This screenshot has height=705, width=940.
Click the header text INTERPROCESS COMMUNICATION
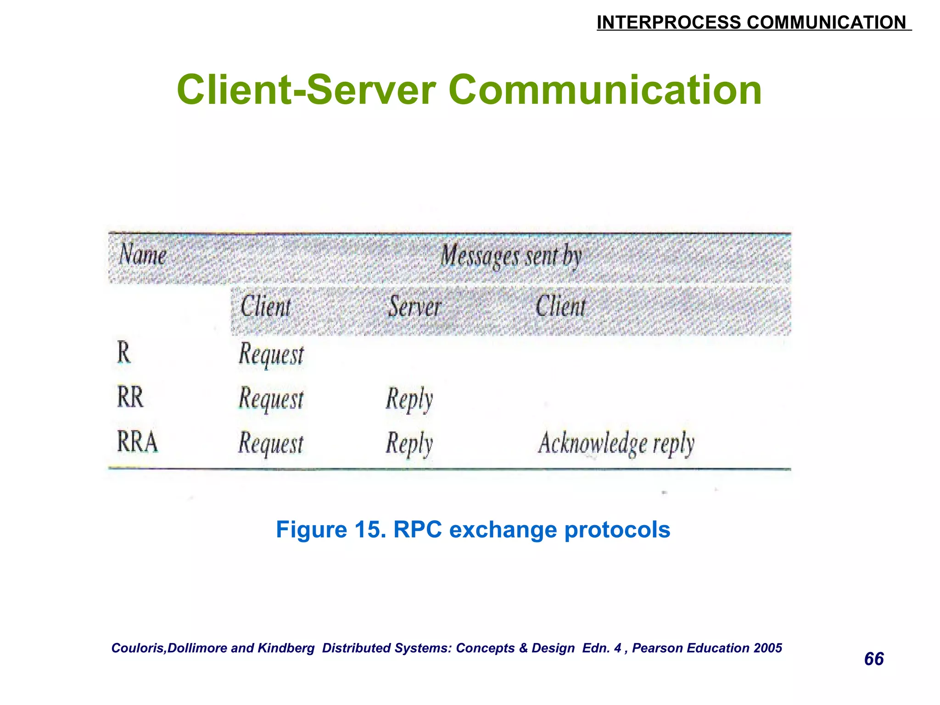click(753, 22)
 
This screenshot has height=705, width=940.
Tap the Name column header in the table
click(143, 255)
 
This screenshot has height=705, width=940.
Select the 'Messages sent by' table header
click(511, 256)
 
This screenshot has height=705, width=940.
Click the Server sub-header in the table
click(414, 307)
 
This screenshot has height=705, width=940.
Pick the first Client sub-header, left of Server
click(266, 307)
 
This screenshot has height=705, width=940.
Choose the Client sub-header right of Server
click(560, 307)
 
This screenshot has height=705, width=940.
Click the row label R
click(124, 353)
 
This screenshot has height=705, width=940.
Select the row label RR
click(130, 397)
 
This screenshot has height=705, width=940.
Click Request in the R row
click(271, 355)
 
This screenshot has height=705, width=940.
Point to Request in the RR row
click(271, 398)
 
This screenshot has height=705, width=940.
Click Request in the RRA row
click(271, 443)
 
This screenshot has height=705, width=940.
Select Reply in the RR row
click(409, 398)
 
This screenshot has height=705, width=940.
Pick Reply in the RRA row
click(409, 443)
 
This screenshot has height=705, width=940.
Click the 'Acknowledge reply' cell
click(616, 443)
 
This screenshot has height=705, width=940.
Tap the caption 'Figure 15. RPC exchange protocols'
click(473, 530)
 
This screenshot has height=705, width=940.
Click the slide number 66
click(874, 659)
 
